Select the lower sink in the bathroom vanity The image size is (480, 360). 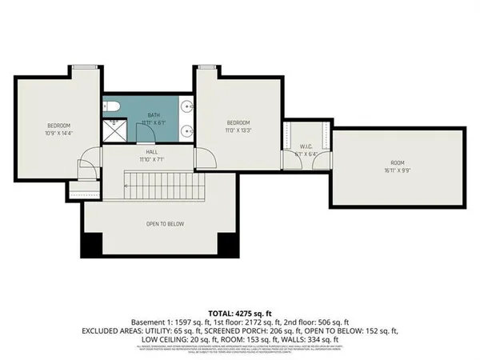[186, 130]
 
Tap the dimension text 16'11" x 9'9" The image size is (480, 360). [398, 170]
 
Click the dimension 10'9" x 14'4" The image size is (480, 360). [58, 133]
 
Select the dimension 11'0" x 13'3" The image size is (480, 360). [238, 130]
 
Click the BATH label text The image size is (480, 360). [154, 115]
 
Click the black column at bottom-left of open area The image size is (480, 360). [90, 244]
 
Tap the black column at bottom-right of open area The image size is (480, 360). [229, 244]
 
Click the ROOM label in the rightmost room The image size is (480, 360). [398, 162]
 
